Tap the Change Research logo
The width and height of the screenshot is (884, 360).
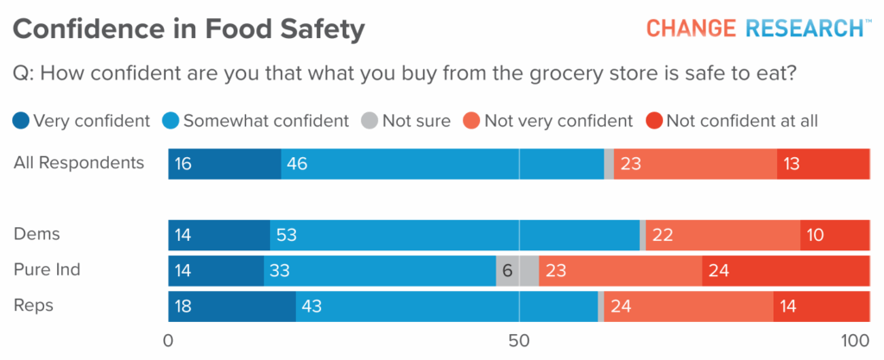coord(758,28)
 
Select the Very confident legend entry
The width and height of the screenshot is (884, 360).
coord(83,121)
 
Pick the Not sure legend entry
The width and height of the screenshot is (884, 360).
coord(406,121)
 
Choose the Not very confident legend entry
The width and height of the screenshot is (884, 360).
coord(548,121)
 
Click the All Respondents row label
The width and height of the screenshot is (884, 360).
coord(79,162)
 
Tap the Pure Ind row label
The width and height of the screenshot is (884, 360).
coord(47,269)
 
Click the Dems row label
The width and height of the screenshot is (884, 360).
coord(37,234)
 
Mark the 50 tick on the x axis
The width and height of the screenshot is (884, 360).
coord(519,340)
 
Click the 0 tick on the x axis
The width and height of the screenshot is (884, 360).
coord(168,340)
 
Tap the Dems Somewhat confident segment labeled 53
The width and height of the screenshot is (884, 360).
coord(455,235)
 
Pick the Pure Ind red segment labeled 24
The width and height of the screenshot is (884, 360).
coord(786,271)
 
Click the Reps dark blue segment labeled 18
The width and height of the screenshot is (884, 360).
coord(231,306)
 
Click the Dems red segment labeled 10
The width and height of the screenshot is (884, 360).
coord(834,235)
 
